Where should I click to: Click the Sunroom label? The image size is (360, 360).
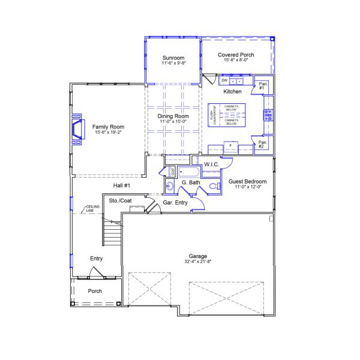click(x=173, y=58)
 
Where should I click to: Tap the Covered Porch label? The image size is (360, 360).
click(x=235, y=55)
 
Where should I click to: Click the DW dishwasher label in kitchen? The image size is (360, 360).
click(x=224, y=80)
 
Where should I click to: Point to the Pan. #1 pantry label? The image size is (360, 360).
click(x=262, y=86)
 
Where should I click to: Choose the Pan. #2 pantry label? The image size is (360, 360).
click(x=262, y=144)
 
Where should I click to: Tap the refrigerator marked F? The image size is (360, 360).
click(x=230, y=146)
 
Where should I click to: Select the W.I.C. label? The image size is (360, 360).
click(x=211, y=164)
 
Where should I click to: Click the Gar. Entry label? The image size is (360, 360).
click(x=175, y=203)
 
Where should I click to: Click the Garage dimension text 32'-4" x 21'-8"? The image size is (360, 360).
click(x=198, y=261)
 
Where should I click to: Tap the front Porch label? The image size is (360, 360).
click(x=95, y=291)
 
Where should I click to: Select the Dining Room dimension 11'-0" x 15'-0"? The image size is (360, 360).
click(x=174, y=122)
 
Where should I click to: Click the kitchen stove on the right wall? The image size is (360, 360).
click(x=268, y=115)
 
